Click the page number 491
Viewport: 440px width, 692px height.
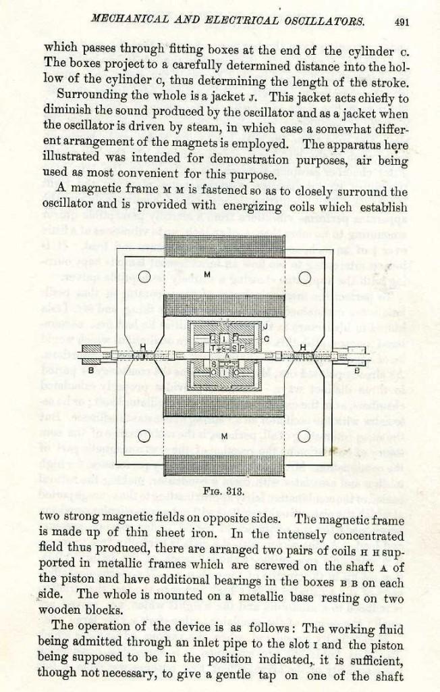pos(404,20)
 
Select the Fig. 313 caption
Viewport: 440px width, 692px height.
pos(220,491)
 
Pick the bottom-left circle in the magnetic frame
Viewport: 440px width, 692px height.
pos(143,435)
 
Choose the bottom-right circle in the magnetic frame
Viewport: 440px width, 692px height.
pos(304,435)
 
